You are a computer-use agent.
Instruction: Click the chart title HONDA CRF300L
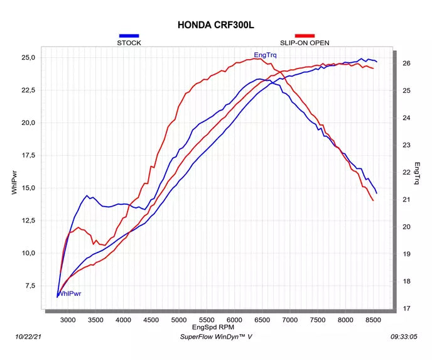pyautogui.click(x=216, y=25)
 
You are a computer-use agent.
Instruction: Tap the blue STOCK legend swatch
pyautogui.click(x=129, y=36)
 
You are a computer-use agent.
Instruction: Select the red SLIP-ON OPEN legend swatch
pyautogui.click(x=305, y=36)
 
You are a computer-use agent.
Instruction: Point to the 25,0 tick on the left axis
pyautogui.click(x=28, y=58)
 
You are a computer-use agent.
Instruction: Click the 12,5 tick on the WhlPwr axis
pyautogui.click(x=28, y=221)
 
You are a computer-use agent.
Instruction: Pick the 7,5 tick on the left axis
pyautogui.click(x=30, y=286)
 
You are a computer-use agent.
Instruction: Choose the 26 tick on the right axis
pyautogui.click(x=406, y=63)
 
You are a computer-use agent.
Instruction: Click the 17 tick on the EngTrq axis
pyautogui.click(x=406, y=308)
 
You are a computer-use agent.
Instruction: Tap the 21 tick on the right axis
pyautogui.click(x=406, y=199)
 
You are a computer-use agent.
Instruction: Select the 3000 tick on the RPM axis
pyautogui.click(x=68, y=320)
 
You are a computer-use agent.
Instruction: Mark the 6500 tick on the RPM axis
pyautogui.click(x=262, y=320)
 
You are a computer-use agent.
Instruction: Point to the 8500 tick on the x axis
pyautogui.click(x=373, y=320)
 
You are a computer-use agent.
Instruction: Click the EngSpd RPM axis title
pyautogui.click(x=213, y=327)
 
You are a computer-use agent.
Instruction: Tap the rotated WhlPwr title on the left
pyautogui.click(x=14, y=182)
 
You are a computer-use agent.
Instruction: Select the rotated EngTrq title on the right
pyautogui.click(x=417, y=173)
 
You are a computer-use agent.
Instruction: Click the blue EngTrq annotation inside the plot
pyautogui.click(x=265, y=55)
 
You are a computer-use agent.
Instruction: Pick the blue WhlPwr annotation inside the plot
pyautogui.click(x=70, y=294)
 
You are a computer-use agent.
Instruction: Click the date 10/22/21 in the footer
pyautogui.click(x=28, y=337)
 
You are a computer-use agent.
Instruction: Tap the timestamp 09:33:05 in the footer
pyautogui.click(x=404, y=337)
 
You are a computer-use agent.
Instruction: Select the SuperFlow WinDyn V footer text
pyautogui.click(x=216, y=337)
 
